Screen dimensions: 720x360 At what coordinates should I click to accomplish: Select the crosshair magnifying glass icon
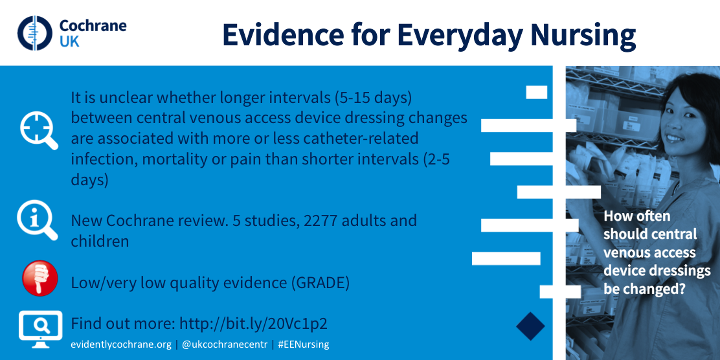[39, 130]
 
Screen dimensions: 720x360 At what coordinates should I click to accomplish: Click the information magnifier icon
[38, 220]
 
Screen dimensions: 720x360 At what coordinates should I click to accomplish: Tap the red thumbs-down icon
[40, 278]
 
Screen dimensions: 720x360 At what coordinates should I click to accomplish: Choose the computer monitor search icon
[40, 329]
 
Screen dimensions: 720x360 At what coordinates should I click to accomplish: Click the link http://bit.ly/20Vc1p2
[253, 324]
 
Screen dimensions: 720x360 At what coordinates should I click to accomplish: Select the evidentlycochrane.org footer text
[121, 344]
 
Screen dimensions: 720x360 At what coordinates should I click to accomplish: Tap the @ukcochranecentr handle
[225, 344]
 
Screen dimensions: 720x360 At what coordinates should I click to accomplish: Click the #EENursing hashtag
[304, 344]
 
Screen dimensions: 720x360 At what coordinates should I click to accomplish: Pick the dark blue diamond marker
[530, 326]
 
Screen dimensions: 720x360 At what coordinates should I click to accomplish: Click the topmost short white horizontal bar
[536, 93]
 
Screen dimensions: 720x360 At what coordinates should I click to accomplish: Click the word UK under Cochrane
[69, 42]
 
